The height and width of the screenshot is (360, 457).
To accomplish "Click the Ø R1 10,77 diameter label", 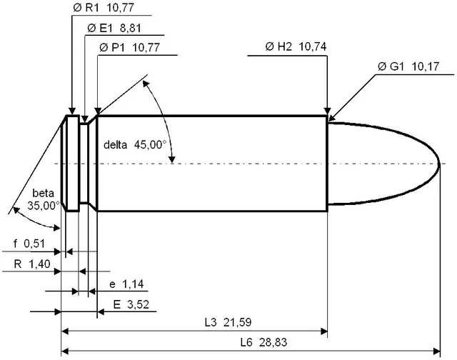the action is click(104, 8).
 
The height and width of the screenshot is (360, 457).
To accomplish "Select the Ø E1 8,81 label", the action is click(114, 28).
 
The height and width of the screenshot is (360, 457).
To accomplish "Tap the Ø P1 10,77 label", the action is click(129, 47).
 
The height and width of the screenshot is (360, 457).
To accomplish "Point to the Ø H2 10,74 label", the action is click(296, 46).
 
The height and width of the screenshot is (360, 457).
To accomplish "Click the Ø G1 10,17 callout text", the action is click(408, 66).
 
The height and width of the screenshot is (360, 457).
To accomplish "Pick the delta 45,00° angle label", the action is click(135, 144).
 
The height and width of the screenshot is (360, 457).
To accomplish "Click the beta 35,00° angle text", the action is click(44, 199).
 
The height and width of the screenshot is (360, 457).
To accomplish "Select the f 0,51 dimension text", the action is click(29, 244).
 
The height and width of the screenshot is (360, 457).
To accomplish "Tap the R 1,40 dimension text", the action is click(32, 264).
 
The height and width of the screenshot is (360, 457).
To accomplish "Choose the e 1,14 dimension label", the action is click(126, 284).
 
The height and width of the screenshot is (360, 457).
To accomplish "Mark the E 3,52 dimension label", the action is click(131, 304).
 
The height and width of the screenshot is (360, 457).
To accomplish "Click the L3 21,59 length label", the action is click(228, 322).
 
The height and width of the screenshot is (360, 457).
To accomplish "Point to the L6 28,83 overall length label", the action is click(263, 342).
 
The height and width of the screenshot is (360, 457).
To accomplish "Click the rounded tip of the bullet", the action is click(439, 164).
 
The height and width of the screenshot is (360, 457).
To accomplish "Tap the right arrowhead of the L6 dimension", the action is click(436, 351).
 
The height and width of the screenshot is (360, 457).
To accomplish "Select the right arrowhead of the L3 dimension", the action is click(323, 331).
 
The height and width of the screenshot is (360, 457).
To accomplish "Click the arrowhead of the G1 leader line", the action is click(331, 118).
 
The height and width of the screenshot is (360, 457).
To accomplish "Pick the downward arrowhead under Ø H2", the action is click(327, 111).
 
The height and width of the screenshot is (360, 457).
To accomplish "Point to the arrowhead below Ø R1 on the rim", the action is click(72, 111).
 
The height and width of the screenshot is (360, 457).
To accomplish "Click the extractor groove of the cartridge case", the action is click(84, 164).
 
